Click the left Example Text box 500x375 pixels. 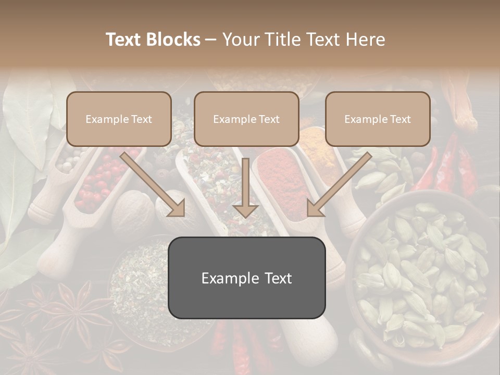119,119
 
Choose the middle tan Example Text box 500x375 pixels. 246,119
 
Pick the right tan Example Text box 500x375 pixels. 378,119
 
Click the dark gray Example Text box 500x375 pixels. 246,278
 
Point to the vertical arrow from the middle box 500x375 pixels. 245,187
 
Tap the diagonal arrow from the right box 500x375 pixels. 339,185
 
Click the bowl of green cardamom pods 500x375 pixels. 422,271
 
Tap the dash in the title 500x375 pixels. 211,40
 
